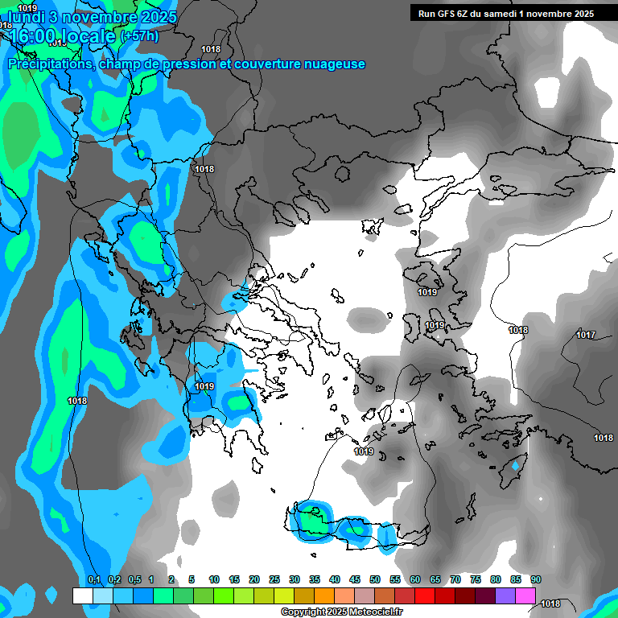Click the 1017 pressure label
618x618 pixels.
pos(586,335)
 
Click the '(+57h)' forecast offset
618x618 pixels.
pos(139,36)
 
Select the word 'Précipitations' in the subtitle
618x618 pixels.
pos(49,64)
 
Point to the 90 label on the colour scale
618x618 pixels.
pos(536,579)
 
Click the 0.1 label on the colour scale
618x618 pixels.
pos(93,579)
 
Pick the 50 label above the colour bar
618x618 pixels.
pos(375,579)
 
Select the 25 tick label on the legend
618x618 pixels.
pos(274,579)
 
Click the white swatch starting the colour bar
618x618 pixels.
pos(83,595)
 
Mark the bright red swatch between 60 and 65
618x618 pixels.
pos(425,595)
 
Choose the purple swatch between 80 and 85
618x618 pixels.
pos(505,595)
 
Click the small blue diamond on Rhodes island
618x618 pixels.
pos(516,466)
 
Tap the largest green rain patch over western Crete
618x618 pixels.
pos(309,520)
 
